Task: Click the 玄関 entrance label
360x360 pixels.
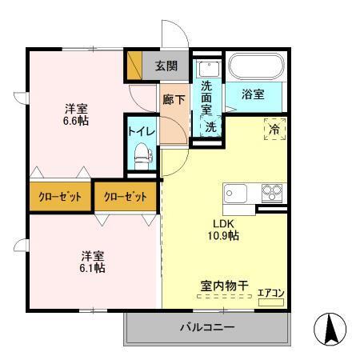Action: pos(166,66)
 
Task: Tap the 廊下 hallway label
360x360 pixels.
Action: pos(173,100)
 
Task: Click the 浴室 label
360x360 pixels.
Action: pos(256,94)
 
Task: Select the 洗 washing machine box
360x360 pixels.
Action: pos(208,126)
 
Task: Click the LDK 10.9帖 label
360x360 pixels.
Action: pos(224,230)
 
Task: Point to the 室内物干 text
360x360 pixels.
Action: pos(222,285)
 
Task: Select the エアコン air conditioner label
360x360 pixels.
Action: pos(270,294)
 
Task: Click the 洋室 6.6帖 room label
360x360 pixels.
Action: pos(78,115)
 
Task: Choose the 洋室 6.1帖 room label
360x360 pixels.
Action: pos(92,261)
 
